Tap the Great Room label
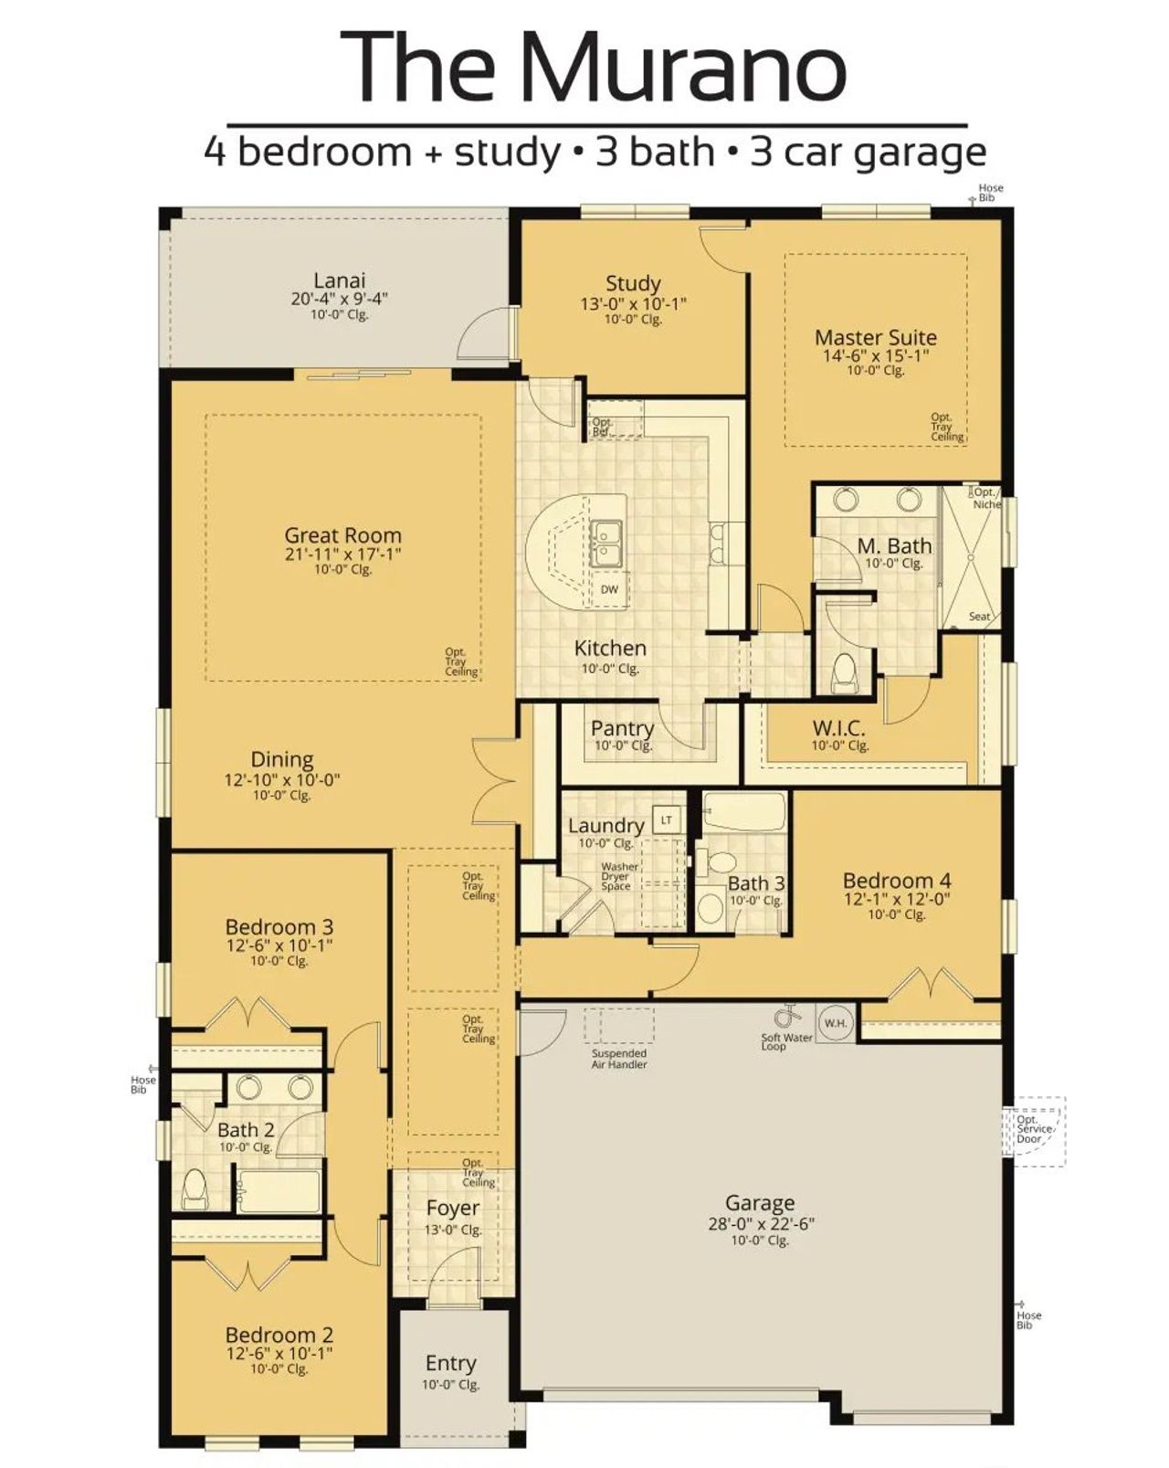pos(342,535)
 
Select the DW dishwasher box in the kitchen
pos(609,589)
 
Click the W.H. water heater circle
pos(835,1022)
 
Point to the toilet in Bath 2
pos(194,1188)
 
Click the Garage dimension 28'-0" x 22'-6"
pos(760,1224)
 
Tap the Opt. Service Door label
pos(1034,1129)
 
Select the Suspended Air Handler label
pos(619,1059)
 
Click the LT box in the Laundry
pos(667,819)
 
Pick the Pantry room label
pos(622,728)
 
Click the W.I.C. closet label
pos(838,729)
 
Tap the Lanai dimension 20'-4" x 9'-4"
pos(340,299)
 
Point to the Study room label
pos(633,283)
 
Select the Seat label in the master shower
pos(979,617)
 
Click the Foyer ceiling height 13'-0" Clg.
pos(452,1230)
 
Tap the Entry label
pos(450,1363)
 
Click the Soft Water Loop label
pos(786,1042)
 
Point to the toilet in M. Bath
pos(844,671)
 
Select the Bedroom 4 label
pos(896,881)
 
